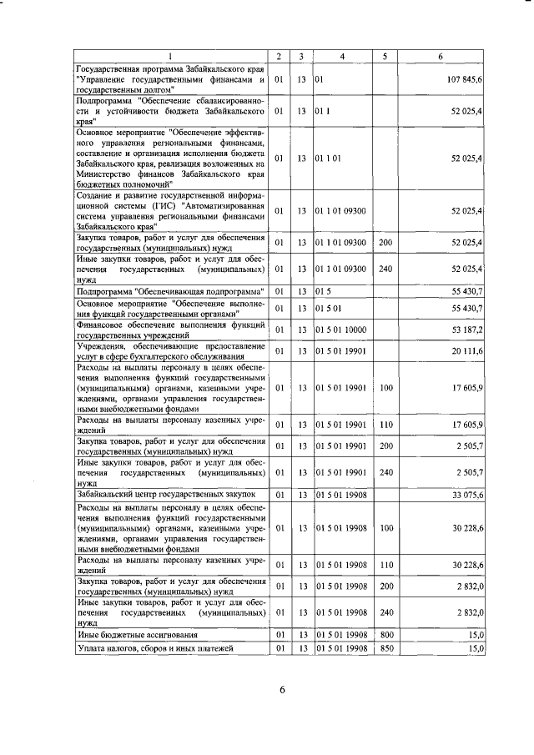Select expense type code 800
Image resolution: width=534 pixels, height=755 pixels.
(x=385, y=636)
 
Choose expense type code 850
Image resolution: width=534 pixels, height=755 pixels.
(x=385, y=648)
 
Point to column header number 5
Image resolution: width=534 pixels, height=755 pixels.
(x=385, y=56)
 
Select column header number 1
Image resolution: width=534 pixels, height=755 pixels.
(x=170, y=56)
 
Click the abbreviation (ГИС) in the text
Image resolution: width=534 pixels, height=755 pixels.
(x=152, y=206)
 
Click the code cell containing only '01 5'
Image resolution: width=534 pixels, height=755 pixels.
(x=323, y=292)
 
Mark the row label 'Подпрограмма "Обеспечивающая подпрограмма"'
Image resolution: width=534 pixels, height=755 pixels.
(x=169, y=292)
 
